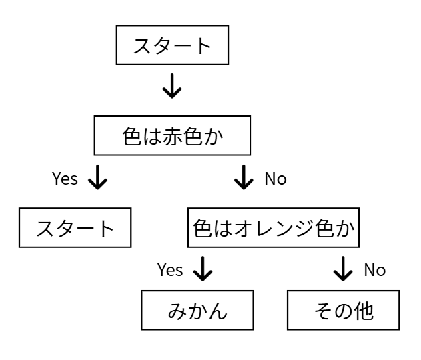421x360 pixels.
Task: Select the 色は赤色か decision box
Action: coord(173,137)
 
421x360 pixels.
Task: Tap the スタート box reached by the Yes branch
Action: coord(75,228)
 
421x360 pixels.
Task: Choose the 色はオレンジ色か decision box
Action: coord(273,228)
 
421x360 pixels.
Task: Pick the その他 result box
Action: coord(344,311)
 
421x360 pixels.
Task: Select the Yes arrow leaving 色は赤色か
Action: coord(98,179)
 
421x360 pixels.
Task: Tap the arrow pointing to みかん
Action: coord(201,269)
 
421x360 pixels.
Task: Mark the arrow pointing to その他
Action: coord(343,269)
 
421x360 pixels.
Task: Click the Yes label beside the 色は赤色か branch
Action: coord(65,179)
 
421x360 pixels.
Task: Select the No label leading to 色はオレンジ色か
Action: coord(276,179)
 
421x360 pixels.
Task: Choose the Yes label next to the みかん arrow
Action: coord(170,270)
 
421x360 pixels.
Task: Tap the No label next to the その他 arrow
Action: coord(374,270)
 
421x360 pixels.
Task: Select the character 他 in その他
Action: coord(364,311)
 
